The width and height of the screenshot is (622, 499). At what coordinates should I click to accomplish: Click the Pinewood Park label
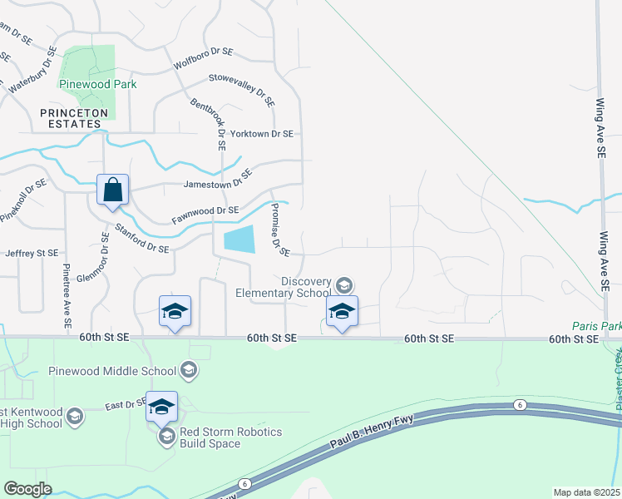(x=97, y=84)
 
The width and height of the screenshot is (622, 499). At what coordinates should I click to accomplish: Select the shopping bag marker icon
(x=112, y=190)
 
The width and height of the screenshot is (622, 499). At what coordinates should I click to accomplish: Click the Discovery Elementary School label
(x=283, y=287)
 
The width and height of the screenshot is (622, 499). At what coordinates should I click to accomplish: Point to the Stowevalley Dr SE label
(x=242, y=88)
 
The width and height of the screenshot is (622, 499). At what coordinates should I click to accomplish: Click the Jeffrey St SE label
(x=32, y=253)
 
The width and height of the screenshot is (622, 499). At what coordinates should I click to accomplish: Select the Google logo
(x=28, y=489)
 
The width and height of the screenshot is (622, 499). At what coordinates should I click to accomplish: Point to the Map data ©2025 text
(x=586, y=492)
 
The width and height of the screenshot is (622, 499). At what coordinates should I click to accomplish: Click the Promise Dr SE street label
(x=278, y=231)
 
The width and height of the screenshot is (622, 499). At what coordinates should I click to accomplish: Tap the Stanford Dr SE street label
(x=141, y=237)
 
